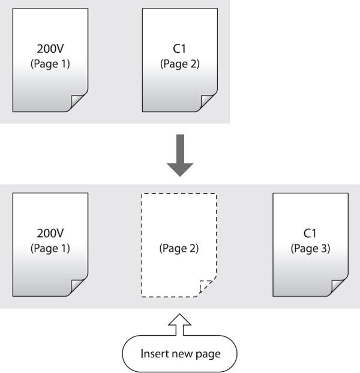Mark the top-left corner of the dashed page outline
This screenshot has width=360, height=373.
(142, 195)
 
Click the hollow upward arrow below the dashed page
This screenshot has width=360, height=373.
(179, 324)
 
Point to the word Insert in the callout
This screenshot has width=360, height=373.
(154, 353)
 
